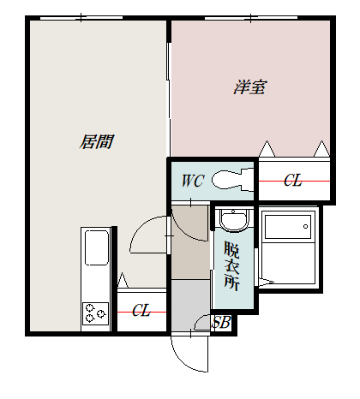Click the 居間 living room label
click(97, 141)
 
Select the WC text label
click(192, 181)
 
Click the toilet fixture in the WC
click(228, 180)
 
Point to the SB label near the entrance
click(221, 323)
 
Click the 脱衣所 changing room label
click(231, 265)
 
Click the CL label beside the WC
click(292, 181)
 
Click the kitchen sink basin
click(95, 249)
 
